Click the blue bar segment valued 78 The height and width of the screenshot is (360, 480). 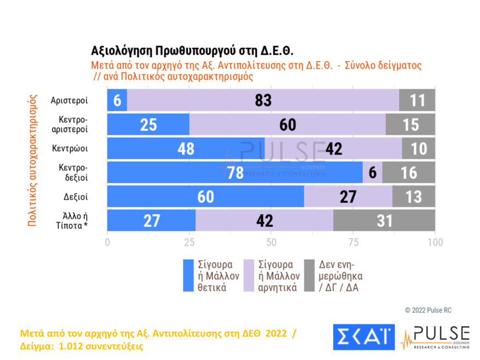coord(235,172)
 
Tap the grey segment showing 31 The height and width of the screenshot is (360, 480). coord(384,220)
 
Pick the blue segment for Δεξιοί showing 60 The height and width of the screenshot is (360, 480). coord(206,196)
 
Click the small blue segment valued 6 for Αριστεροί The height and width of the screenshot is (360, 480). coord(117,100)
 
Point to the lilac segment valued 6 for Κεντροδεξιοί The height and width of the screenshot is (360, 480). coord(373,172)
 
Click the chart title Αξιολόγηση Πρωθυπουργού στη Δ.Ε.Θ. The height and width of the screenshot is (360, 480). coord(192,51)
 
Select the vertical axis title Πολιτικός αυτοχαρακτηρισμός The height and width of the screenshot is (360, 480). coord(32,160)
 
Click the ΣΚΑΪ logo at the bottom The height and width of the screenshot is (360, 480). coord(363,337)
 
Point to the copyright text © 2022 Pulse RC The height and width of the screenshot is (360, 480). coord(428,310)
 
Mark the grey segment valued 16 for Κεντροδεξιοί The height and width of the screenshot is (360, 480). coord(409,172)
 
